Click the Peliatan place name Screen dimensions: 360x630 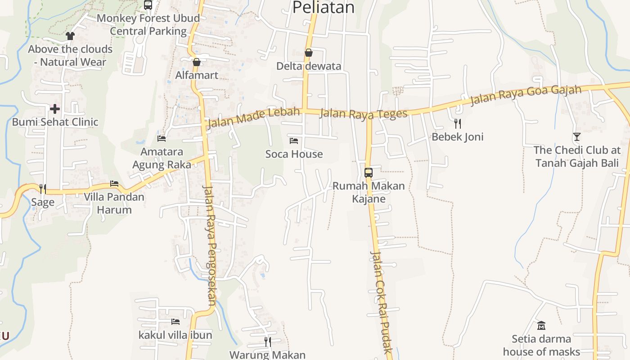pos(323,8)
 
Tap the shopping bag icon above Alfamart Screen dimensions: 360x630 pos(196,62)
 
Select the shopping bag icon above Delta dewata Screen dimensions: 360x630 pos(308,53)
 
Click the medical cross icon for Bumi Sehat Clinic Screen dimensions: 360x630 pos(55,108)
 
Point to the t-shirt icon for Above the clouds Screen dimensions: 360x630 pos(70,36)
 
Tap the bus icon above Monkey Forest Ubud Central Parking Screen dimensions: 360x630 pos(148,5)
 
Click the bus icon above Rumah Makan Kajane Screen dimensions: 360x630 pos(368,172)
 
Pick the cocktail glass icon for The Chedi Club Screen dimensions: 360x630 pos(576,136)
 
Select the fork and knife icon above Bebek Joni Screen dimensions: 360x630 pos(458,123)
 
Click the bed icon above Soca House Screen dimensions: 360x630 pos(294,140)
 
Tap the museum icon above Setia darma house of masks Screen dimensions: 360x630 pos(541,325)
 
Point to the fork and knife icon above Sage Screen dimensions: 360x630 pos(42,189)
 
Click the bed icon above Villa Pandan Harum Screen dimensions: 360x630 pos(114,184)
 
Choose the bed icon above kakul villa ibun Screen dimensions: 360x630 pos(175,322)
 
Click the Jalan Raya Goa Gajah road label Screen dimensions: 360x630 pos(526,95)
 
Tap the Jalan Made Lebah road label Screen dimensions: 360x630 pos(253,117)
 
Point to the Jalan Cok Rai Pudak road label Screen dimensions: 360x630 pos(382,301)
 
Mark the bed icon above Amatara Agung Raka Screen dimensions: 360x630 pos(161,138)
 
